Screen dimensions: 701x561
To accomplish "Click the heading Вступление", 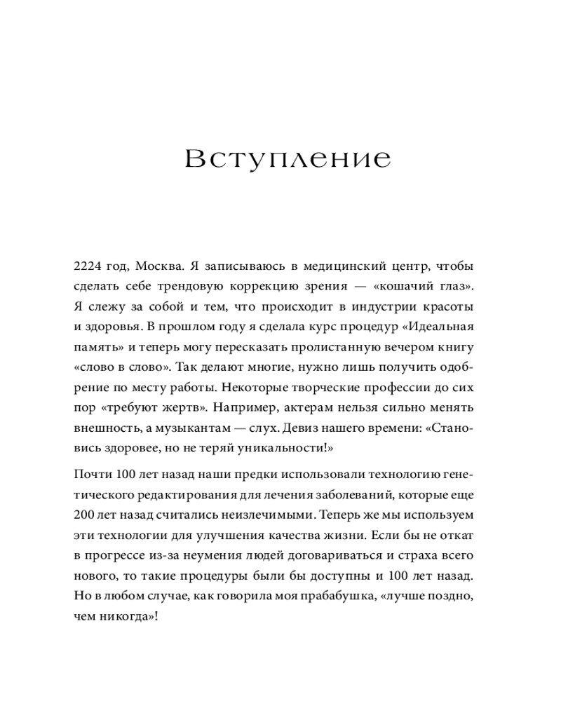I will pyautogui.click(x=288, y=159).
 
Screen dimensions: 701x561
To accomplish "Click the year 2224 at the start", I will pyautogui.click(x=87, y=267).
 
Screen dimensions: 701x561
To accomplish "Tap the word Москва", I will pyautogui.click(x=161, y=267).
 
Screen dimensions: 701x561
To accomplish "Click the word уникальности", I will pyautogui.click(x=283, y=447).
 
